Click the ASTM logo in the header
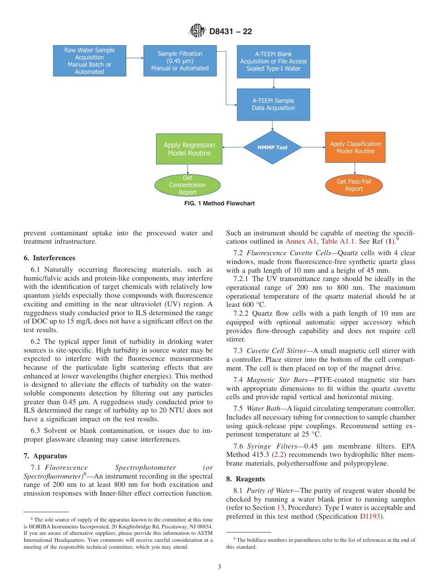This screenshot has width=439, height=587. (x=197, y=31)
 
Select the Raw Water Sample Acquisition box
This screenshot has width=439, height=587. (x=89, y=61)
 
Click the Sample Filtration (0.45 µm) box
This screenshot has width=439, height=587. (x=180, y=61)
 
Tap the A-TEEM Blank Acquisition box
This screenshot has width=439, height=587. (x=274, y=61)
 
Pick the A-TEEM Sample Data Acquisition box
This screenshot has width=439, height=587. (x=273, y=104)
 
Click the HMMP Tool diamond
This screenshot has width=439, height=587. (x=273, y=147)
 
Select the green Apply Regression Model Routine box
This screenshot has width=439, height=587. (x=189, y=149)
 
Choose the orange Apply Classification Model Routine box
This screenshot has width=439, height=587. (x=355, y=147)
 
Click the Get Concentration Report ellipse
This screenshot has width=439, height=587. (x=187, y=185)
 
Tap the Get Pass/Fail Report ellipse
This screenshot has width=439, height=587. (x=354, y=185)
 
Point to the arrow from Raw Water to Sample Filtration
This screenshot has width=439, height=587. (x=134, y=58)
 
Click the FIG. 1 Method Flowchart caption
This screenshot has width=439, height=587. (x=219, y=204)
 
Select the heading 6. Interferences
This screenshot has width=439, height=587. (x=49, y=258)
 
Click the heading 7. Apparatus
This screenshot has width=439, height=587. (x=45, y=456)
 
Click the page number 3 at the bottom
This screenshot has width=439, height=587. (x=219, y=567)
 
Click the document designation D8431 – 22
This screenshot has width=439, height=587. (x=231, y=32)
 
